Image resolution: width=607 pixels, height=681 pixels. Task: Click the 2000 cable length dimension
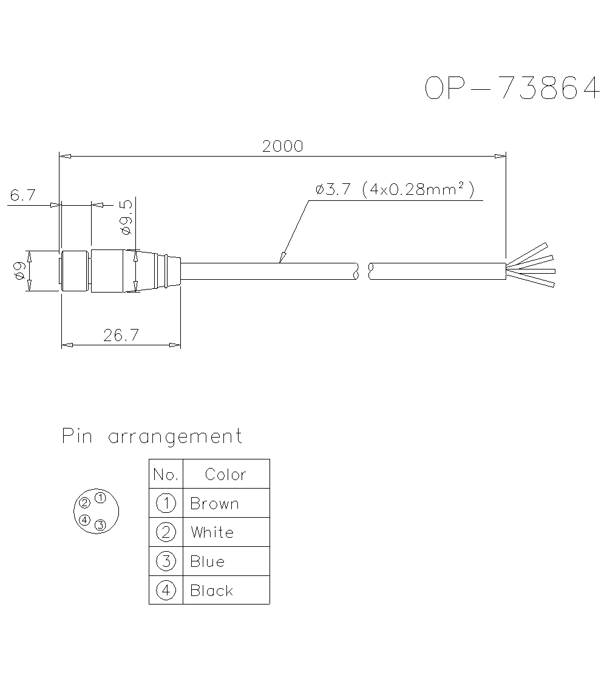coord(282,146)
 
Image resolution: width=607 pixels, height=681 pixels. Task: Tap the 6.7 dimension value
coord(24,195)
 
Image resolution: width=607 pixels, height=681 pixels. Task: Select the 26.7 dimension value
coord(121,336)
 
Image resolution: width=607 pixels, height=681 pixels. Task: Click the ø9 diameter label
coord(19,271)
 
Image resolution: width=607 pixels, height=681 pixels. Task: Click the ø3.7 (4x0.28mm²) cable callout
coord(394,190)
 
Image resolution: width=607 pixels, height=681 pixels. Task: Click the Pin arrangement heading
coord(152,436)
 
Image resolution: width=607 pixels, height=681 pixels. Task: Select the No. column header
coord(166,474)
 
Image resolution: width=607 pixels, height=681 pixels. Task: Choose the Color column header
coord(225,474)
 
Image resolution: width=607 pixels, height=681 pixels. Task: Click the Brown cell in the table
coord(214,503)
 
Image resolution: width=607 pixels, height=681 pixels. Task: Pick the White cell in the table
coord(212,532)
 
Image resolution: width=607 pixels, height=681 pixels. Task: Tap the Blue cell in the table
coord(207,561)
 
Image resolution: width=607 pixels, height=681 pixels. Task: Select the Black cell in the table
coord(211,591)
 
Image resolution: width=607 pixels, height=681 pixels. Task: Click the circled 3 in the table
coord(166,561)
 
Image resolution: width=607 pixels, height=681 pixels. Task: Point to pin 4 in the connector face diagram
coord(85,520)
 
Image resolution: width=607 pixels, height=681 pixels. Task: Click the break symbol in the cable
coord(363,271)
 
